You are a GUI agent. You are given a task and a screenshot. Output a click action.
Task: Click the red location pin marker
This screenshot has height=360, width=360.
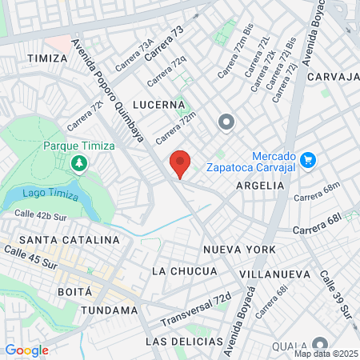[x=181, y=164]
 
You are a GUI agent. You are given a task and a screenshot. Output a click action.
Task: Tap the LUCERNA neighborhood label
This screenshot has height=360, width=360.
[x=160, y=105]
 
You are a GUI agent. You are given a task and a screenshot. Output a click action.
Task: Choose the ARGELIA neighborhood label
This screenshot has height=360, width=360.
[x=260, y=185]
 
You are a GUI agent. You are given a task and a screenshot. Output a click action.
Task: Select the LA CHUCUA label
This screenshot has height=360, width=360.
[x=184, y=271]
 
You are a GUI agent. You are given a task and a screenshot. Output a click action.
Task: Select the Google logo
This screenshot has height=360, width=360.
[x=27, y=350]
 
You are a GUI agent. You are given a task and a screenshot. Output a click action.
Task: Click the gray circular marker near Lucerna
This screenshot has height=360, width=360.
[x=226, y=122]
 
